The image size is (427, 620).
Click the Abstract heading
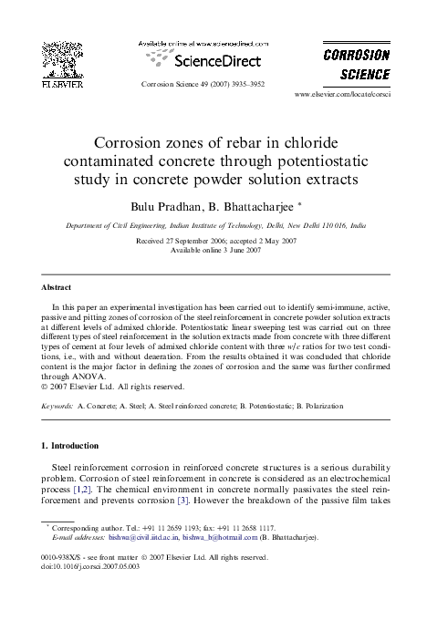click(x=57, y=287)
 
